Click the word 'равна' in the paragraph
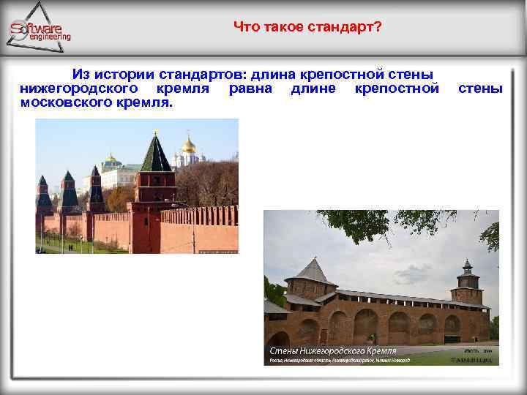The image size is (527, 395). tap(250, 89)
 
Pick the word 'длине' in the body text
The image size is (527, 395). tap(313, 89)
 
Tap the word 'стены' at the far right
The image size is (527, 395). tap(479, 89)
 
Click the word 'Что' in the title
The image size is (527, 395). tap(245, 27)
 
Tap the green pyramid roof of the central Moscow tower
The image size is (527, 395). tap(155, 154)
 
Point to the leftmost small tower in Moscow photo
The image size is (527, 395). tap(43, 194)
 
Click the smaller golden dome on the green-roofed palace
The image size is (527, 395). tap(111, 158)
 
